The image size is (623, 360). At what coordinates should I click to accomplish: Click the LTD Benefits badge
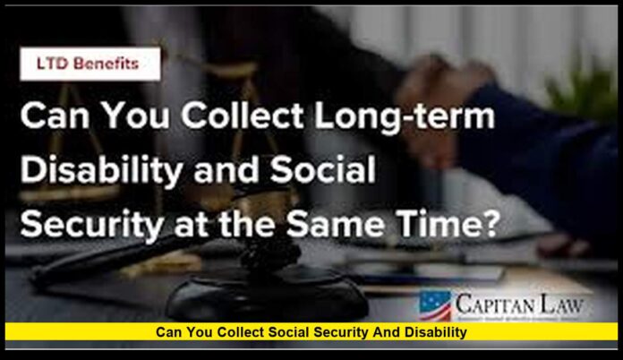pyautogui.click(x=90, y=65)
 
